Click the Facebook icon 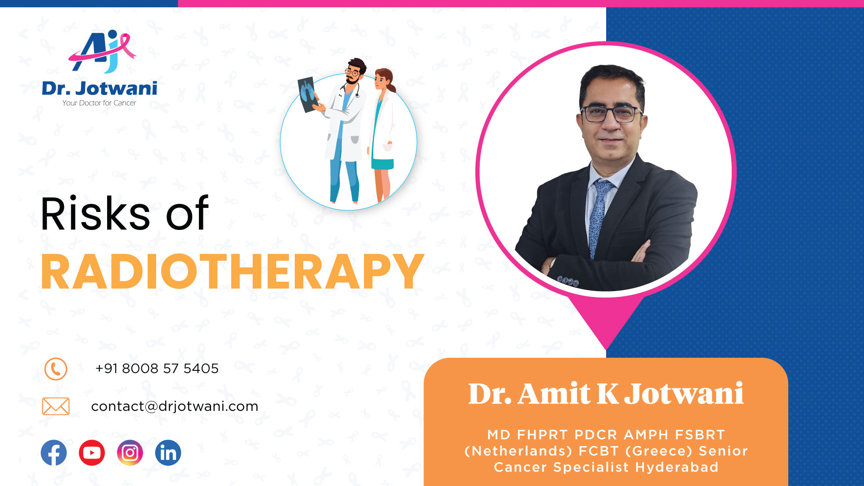click(54, 453)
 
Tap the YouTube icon click(92, 453)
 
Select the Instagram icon click(130, 453)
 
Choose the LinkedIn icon click(168, 453)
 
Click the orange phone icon click(56, 369)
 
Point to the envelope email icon click(56, 406)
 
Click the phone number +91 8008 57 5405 click(157, 369)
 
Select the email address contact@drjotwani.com click(175, 406)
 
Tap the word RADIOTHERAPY click(233, 272)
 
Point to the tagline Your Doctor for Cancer click(99, 103)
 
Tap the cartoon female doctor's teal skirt click(383, 164)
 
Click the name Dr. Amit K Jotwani click(606, 394)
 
